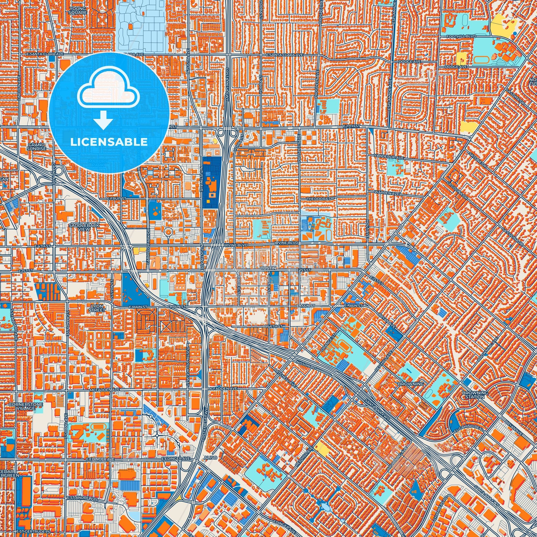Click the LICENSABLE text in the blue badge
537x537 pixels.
[109, 142]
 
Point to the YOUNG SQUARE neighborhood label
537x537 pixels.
[79, 10]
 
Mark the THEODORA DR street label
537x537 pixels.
[320, 199]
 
